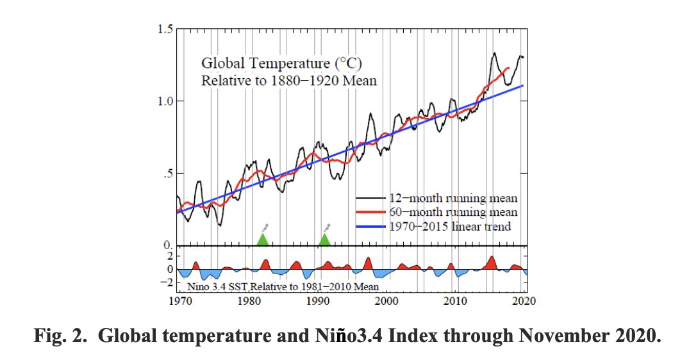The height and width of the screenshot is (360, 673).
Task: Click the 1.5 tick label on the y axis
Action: tap(165, 29)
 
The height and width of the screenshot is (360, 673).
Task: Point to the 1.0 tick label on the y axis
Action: tap(165, 101)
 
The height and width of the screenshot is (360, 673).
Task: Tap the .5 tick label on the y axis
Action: tap(167, 174)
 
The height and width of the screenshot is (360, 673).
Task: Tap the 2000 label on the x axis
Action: tap(387, 301)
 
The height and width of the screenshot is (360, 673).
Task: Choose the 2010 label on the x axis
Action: tap(456, 301)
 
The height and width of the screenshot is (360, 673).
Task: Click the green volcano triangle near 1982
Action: tap(262, 240)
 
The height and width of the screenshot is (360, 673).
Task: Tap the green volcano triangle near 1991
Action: tap(324, 240)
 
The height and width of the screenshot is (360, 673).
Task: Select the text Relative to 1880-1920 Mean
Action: tap(288, 81)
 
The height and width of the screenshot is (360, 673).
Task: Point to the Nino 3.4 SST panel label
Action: tap(282, 287)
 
